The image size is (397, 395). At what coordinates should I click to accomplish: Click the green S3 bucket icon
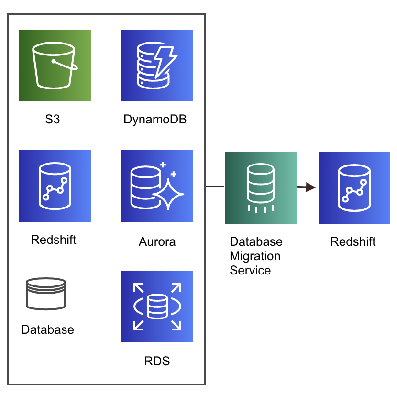click(x=55, y=66)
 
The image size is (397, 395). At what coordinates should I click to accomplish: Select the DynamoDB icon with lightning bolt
click(x=157, y=66)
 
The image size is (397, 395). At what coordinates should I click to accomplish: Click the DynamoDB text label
click(x=155, y=120)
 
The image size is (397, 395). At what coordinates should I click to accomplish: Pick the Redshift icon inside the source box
click(x=55, y=186)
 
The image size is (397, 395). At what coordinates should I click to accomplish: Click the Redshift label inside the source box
click(x=54, y=240)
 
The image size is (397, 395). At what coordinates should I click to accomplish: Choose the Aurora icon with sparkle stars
click(x=157, y=186)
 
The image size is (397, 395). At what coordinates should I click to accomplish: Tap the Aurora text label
click(x=157, y=241)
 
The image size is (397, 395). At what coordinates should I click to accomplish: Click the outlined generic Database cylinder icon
click(x=46, y=294)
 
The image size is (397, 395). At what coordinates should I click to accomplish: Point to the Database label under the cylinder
click(x=48, y=329)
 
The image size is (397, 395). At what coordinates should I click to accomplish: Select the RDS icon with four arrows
click(x=157, y=307)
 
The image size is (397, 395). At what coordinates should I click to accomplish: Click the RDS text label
click(x=157, y=361)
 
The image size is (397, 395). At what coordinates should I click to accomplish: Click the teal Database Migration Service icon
click(x=261, y=188)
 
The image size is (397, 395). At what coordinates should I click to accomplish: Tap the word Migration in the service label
click(x=255, y=256)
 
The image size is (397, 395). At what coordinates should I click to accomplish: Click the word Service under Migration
click(x=250, y=270)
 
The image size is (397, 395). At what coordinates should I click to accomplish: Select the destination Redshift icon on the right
click(x=354, y=188)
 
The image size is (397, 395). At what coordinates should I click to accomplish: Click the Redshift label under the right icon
click(x=353, y=241)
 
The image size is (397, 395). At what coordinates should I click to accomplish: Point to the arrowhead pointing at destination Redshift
click(x=311, y=187)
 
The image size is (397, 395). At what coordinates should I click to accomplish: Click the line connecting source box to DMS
click(x=215, y=187)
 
